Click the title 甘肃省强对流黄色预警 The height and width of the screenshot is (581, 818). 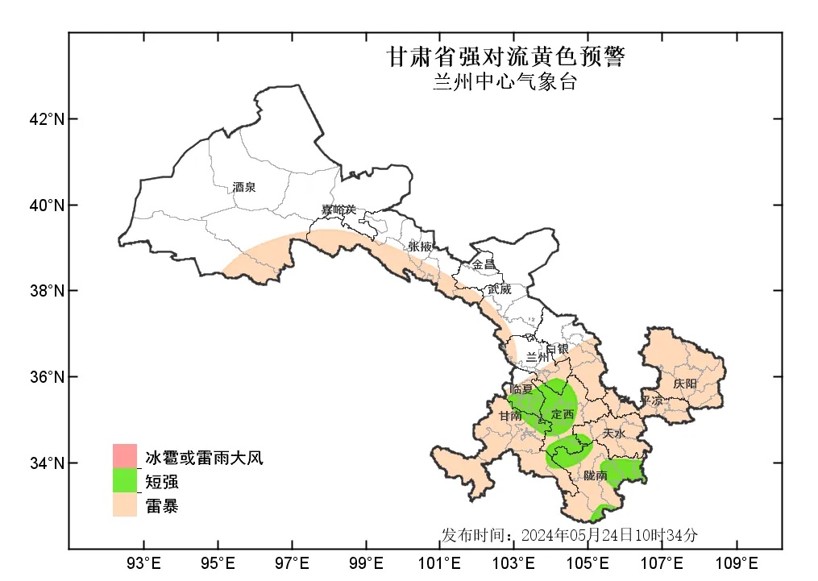[x=505, y=57]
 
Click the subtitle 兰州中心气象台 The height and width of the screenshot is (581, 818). [x=505, y=81]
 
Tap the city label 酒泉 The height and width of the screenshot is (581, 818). [x=243, y=187]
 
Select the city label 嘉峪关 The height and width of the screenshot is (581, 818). [x=338, y=210]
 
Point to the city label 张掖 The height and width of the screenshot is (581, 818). [x=420, y=246]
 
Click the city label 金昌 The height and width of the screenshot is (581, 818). [x=484, y=264]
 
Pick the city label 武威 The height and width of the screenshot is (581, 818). [x=499, y=288]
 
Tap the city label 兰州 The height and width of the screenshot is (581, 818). [x=537, y=356]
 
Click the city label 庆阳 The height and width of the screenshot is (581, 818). [x=685, y=384]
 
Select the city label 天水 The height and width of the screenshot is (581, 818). [x=613, y=433]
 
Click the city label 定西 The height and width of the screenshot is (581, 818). [x=563, y=414]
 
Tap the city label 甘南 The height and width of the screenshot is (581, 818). [x=509, y=417]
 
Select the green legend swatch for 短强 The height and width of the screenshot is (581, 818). [x=125, y=482]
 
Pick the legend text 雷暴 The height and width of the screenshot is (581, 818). [x=162, y=506]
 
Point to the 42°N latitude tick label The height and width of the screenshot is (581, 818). [x=46, y=119]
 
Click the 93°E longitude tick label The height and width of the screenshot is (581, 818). [x=143, y=562]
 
